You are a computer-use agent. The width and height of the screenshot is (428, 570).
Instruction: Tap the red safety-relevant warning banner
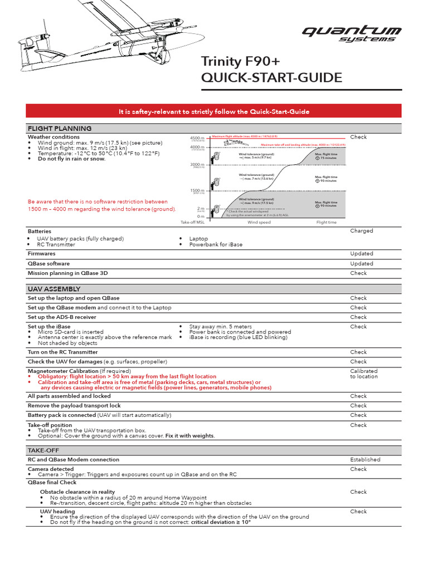point(214,111)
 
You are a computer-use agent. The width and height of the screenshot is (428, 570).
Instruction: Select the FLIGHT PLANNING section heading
point(60,129)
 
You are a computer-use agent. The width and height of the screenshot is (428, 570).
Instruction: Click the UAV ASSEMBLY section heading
point(54,289)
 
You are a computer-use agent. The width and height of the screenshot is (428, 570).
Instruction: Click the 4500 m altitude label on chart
point(197,137)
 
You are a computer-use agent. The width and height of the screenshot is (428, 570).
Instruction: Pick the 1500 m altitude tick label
point(197,190)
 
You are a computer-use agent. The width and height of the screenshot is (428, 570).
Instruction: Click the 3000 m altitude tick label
point(197,164)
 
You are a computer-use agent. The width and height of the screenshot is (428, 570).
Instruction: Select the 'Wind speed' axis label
point(259,222)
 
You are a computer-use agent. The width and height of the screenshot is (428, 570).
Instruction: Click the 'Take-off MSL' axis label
point(193,222)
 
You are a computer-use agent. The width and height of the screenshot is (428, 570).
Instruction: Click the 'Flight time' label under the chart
point(326,222)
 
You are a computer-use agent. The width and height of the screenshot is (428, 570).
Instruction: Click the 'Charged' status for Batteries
point(362,230)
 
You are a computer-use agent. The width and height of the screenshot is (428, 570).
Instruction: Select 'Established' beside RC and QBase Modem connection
point(365,459)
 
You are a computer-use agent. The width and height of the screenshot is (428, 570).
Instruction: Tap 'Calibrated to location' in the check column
point(364,374)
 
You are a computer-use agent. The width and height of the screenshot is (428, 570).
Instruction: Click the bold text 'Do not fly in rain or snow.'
point(71,159)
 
